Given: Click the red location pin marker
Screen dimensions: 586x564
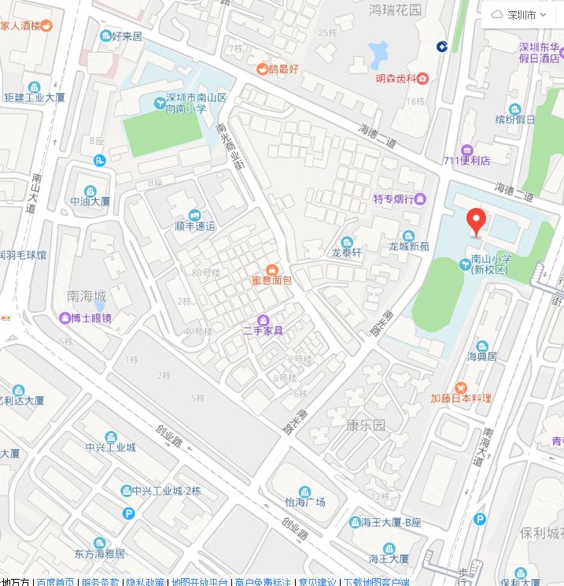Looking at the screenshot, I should click(476, 221).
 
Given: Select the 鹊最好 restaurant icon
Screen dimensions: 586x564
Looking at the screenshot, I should click(261, 69).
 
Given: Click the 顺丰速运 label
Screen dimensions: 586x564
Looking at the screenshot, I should click(195, 226).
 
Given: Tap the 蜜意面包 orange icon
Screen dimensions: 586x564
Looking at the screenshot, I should click(271, 269).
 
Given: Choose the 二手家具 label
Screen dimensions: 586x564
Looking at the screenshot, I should click(264, 330).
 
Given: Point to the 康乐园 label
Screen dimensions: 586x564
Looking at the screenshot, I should click(366, 425).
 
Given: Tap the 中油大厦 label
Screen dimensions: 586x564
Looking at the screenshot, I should click(90, 201).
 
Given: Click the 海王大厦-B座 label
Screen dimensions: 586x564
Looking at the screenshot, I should click(392, 522).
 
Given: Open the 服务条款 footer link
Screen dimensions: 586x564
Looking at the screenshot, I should click(101, 582).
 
